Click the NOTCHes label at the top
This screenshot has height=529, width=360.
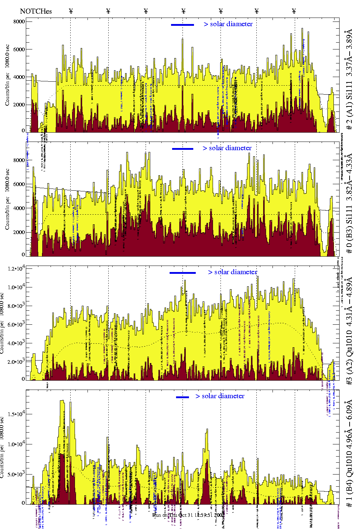pyautogui.click(x=36, y=11)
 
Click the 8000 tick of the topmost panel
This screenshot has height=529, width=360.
pyautogui.click(x=19, y=22)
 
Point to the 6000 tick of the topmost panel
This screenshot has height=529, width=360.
pyautogui.click(x=19, y=49)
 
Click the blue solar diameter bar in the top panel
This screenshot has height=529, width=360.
pyautogui.click(x=183, y=25)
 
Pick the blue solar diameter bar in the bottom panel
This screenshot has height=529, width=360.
pyautogui.click(x=183, y=397)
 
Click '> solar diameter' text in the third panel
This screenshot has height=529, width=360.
pyautogui.click(x=232, y=272)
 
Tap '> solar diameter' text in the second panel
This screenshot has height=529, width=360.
pyautogui.click(x=227, y=148)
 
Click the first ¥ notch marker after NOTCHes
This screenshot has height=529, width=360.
pyautogui.click(x=71, y=11)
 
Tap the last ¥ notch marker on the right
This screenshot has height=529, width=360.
pyautogui.click(x=294, y=11)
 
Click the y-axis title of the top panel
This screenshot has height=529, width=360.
pyautogui.click(x=7, y=75)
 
